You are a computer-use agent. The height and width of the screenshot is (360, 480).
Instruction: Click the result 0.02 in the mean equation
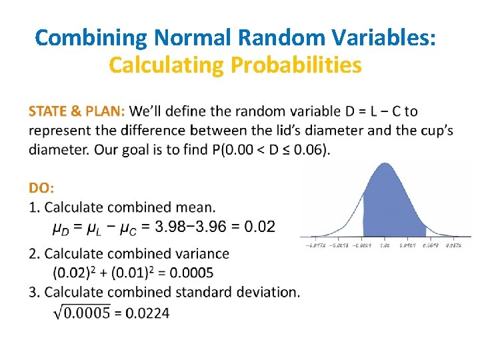(x=259, y=227)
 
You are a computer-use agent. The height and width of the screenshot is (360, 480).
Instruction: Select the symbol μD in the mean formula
(x=62, y=228)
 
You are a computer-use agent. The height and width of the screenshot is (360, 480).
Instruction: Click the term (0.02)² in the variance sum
(x=73, y=272)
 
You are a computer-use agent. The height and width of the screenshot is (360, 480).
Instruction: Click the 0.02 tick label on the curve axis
(x=385, y=246)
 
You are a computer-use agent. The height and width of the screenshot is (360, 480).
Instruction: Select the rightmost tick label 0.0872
(x=453, y=246)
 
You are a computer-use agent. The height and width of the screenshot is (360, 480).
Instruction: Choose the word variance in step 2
(x=203, y=253)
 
